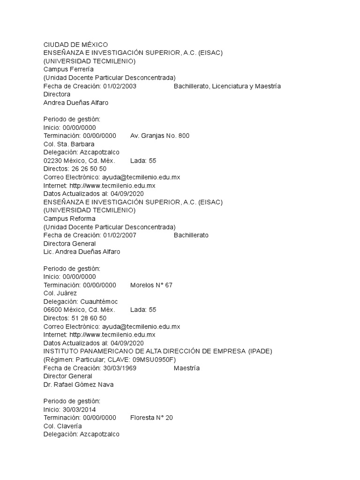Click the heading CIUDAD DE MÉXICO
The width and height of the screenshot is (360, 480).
pyautogui.click(x=75, y=45)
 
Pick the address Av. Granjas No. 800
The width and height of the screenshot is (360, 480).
pyautogui.click(x=160, y=136)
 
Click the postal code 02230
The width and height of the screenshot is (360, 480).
pyautogui.click(x=52, y=160)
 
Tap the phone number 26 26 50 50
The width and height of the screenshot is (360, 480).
pyautogui.click(x=89, y=169)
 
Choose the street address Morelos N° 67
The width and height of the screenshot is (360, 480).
pyautogui.click(x=151, y=285)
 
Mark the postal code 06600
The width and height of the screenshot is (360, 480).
pyautogui.click(x=52, y=310)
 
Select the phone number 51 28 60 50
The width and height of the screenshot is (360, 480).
pyautogui.click(x=89, y=318)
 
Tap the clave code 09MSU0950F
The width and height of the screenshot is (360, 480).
pyautogui.click(x=149, y=360)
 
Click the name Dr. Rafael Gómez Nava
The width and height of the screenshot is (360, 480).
pyautogui.click(x=78, y=385)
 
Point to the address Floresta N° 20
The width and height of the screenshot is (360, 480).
pyautogui.click(x=151, y=418)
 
